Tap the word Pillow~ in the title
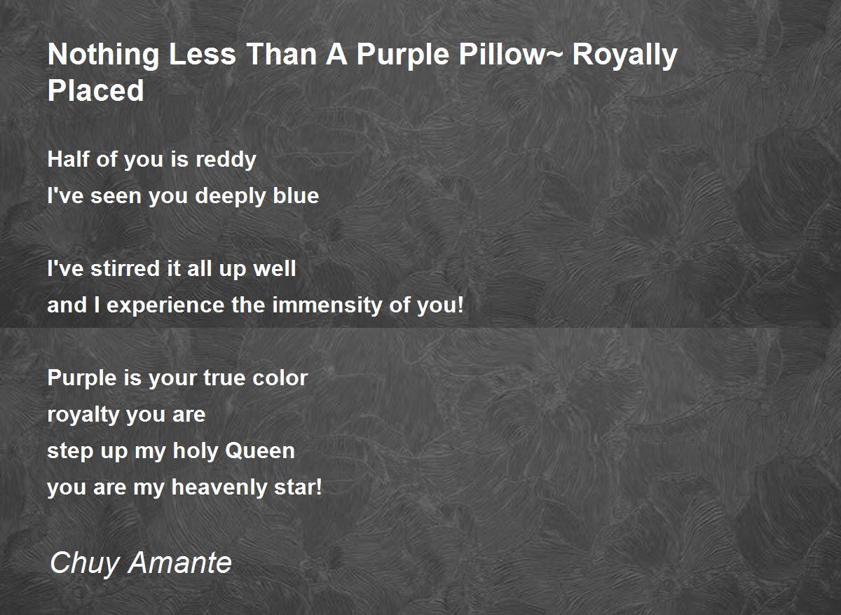click(x=511, y=55)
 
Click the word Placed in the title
click(x=96, y=90)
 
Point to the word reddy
click(x=226, y=160)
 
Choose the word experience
click(x=165, y=306)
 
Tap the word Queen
click(x=260, y=450)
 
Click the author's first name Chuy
click(x=85, y=564)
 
